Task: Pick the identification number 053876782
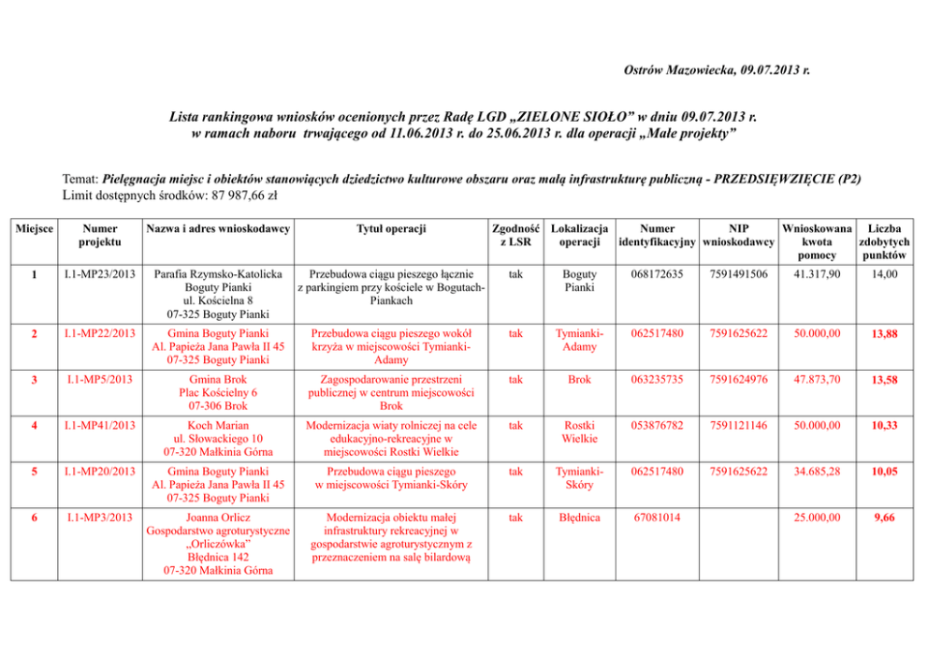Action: [x=658, y=425]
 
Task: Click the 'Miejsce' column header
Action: [x=34, y=228]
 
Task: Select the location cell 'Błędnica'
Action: [x=578, y=517]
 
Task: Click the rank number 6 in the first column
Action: [x=34, y=517]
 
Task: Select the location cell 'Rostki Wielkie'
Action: [x=578, y=431]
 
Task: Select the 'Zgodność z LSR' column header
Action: [x=514, y=235]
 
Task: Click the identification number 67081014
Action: [x=657, y=517]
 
